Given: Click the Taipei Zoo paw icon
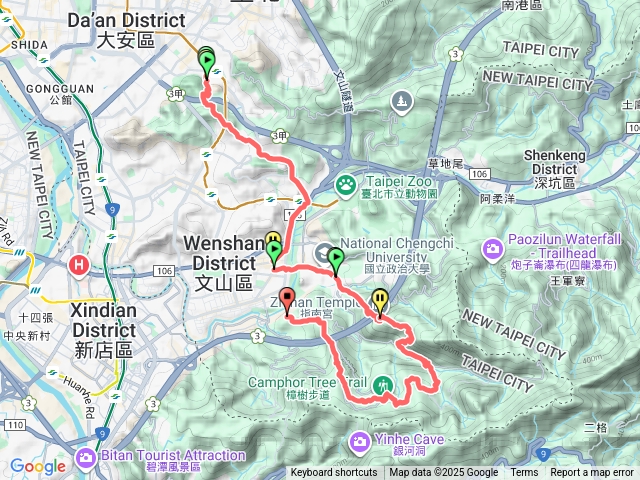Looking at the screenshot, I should [x=345, y=184].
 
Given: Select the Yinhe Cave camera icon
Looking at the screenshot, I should [x=358, y=441].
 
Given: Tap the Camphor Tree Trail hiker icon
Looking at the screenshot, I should [x=383, y=385].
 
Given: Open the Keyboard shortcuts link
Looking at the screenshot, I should [x=334, y=473].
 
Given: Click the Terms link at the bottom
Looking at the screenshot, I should [x=524, y=473].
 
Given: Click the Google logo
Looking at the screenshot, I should [x=38, y=466].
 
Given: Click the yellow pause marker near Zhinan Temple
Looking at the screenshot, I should [x=381, y=300].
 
